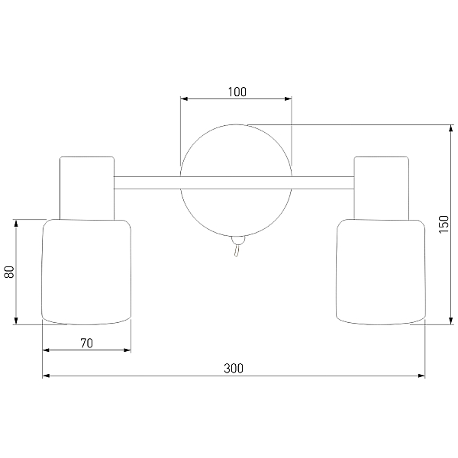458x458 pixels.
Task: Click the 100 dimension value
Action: pyautogui.click(x=237, y=92)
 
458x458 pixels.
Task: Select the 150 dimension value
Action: pyautogui.click(x=443, y=224)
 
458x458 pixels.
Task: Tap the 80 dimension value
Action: pyautogui.click(x=10, y=272)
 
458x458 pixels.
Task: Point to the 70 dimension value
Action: pyautogui.click(x=87, y=343)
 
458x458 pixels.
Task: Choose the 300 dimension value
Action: pyautogui.click(x=234, y=369)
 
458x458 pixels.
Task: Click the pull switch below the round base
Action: pyautogui.click(x=237, y=246)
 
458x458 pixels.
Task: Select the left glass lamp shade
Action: pyautogui.click(x=86, y=272)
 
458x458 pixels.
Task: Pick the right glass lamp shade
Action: pyautogui.click(x=381, y=272)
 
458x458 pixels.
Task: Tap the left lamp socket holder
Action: pyautogui.click(x=87, y=188)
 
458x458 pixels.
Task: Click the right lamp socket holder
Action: pyautogui.click(x=382, y=188)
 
